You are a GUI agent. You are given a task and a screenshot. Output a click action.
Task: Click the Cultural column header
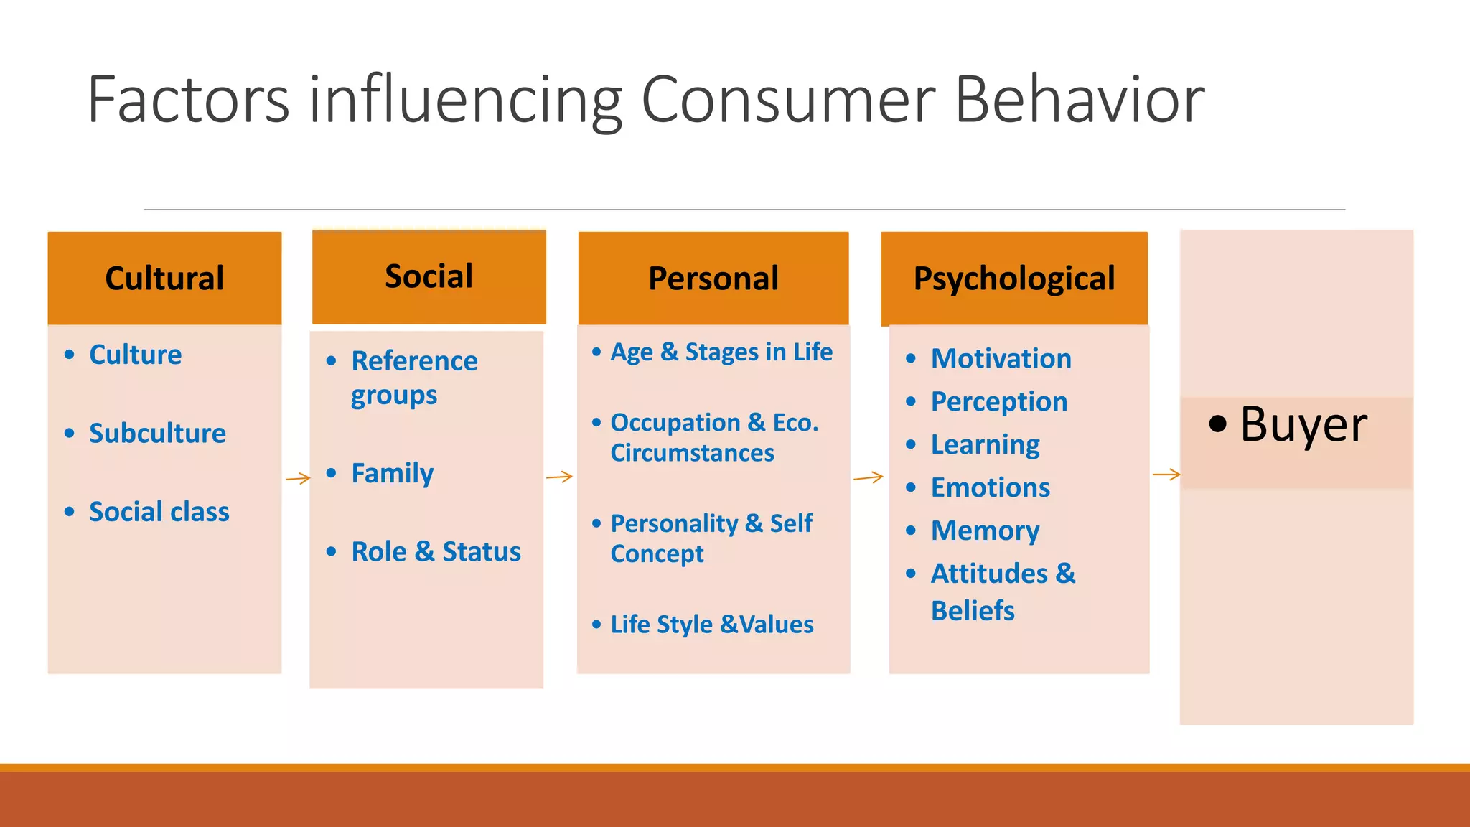164,279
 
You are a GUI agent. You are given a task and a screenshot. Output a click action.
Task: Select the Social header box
429,276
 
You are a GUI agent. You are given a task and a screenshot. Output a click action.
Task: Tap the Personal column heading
713,279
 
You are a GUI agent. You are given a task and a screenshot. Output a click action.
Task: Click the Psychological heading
1013,279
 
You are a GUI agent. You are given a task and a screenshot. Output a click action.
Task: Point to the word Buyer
1303,424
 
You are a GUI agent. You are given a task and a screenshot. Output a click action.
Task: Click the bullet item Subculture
157,434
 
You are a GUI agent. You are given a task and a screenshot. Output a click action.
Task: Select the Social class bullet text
159,512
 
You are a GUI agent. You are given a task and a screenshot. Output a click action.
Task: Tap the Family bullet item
392,474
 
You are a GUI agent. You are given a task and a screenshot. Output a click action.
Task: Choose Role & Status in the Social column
436,552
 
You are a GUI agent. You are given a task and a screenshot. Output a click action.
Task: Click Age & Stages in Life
721,352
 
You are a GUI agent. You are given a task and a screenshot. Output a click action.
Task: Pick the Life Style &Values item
711,625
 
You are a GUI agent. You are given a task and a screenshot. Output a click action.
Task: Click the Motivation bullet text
1001,358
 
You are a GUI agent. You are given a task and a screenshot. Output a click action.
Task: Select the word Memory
985,531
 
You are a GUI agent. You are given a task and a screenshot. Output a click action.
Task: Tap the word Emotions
990,488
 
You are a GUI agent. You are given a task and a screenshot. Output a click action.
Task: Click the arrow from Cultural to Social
297,478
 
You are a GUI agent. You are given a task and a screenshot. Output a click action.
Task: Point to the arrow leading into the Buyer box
1166,475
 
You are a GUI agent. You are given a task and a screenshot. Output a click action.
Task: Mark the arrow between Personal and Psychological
868,477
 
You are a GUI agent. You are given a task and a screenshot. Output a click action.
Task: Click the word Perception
998,402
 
